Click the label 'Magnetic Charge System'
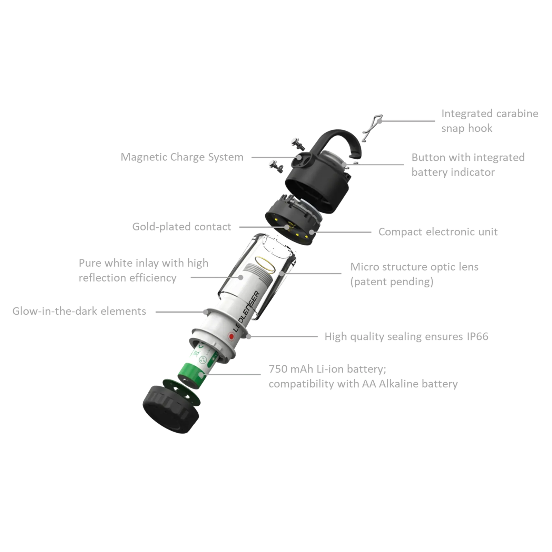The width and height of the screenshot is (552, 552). click(182, 157)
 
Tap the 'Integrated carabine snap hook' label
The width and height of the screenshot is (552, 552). click(490, 121)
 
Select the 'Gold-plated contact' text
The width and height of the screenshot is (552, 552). click(181, 227)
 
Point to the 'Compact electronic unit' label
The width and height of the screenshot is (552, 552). click(438, 232)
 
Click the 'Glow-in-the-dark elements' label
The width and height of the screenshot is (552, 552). click(79, 311)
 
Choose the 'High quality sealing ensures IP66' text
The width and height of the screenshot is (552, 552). click(406, 336)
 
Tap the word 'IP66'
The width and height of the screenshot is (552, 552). click(477, 336)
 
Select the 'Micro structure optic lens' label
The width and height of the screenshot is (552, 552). click(414, 267)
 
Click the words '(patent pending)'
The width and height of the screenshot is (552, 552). click(392, 282)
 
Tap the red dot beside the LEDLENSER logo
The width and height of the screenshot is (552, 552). click(231, 336)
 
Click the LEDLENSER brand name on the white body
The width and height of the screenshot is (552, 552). click(246, 312)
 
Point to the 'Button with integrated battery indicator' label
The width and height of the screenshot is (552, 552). click(468, 165)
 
